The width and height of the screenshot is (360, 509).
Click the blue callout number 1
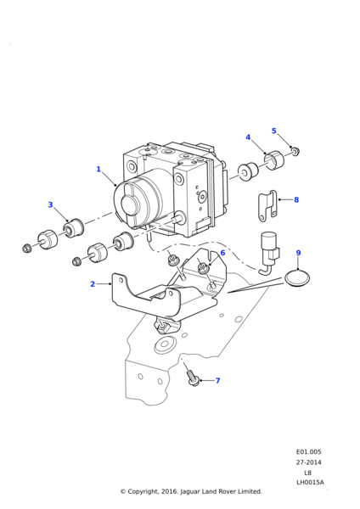pos(98,169)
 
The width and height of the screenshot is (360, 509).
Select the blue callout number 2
pos(93,284)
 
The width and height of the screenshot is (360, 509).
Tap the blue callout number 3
pos(50,204)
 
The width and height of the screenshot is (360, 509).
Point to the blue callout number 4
pos(248,137)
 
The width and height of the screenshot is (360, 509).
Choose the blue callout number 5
pos(274,131)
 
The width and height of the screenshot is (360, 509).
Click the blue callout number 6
pos(222,253)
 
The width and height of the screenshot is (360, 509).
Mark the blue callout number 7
pos(217,380)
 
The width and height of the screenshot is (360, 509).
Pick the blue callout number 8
pos(296,199)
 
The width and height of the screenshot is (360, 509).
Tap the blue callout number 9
pos(298,253)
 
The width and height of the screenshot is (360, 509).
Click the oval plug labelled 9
pos(297,278)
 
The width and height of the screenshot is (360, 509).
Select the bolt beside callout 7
pos(193,380)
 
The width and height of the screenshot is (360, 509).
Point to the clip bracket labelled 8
pos(267,206)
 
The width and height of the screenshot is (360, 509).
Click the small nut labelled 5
pos(295,151)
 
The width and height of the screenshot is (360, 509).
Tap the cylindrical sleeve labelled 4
pos(273,160)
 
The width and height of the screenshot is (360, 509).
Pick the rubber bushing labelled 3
pos(74,228)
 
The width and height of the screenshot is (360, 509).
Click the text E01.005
pos(308,452)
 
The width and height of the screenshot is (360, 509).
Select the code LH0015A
pos(310,483)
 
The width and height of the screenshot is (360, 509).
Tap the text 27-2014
pos(308,462)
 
